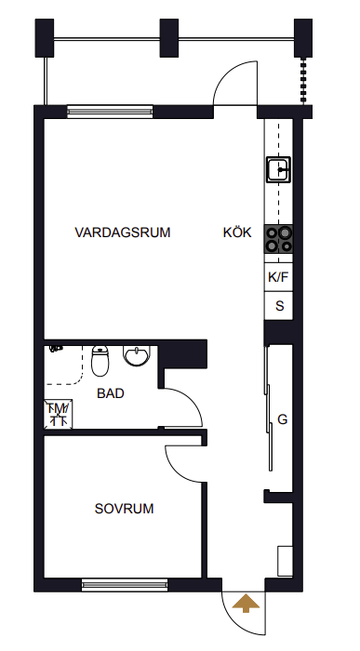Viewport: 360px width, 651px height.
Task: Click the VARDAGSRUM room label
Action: coord(123,232)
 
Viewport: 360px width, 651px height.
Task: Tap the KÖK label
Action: coord(237,232)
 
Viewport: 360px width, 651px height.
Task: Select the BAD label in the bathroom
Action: coord(111,393)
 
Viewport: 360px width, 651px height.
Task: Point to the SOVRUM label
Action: coord(124,509)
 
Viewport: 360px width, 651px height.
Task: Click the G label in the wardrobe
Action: coord(283,419)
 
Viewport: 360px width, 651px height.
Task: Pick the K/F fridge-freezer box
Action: coord(279,277)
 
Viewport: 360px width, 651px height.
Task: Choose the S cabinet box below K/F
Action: coord(279,306)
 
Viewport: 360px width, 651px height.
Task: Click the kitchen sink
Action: coord(279,169)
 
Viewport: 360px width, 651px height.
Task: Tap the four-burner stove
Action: coord(279,240)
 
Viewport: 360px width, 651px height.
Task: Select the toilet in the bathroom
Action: coord(100,361)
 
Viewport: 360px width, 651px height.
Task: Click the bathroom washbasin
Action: coord(136,356)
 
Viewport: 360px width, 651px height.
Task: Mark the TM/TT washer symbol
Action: coord(58,414)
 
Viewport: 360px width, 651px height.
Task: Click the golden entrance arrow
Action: coord(246,604)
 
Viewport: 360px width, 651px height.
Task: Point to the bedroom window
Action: coord(125,585)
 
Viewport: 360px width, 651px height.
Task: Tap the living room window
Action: coord(110,112)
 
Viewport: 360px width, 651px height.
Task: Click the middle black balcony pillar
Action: coord(169,38)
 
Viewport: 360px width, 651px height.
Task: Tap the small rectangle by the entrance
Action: coord(285,561)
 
